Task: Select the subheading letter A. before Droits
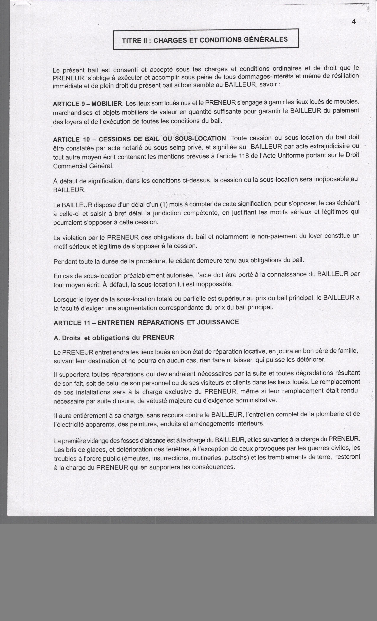point(56,338)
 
